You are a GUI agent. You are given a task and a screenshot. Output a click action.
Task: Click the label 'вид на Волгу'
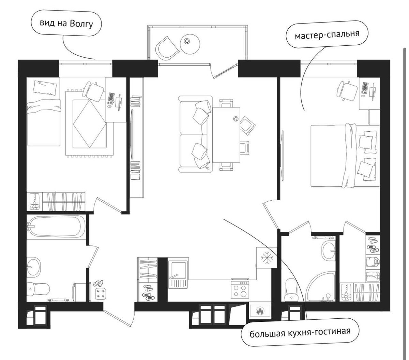[66, 24]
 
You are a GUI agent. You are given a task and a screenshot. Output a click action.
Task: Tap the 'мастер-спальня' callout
[327, 34]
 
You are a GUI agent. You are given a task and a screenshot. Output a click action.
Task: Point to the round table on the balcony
[190, 43]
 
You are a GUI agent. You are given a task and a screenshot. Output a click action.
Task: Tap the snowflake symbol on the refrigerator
[267, 258]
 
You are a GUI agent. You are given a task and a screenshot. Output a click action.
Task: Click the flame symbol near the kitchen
[260, 311]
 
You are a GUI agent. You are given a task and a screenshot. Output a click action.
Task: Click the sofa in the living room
[195, 134]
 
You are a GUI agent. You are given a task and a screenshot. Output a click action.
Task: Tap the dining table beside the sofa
[226, 135]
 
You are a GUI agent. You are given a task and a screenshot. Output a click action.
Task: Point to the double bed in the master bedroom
[345, 156]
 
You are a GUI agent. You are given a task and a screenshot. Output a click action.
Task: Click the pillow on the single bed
[45, 87]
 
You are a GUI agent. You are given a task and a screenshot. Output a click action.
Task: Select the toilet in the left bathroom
[38, 288]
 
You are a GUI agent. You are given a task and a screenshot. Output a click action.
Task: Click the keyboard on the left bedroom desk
[111, 98]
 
